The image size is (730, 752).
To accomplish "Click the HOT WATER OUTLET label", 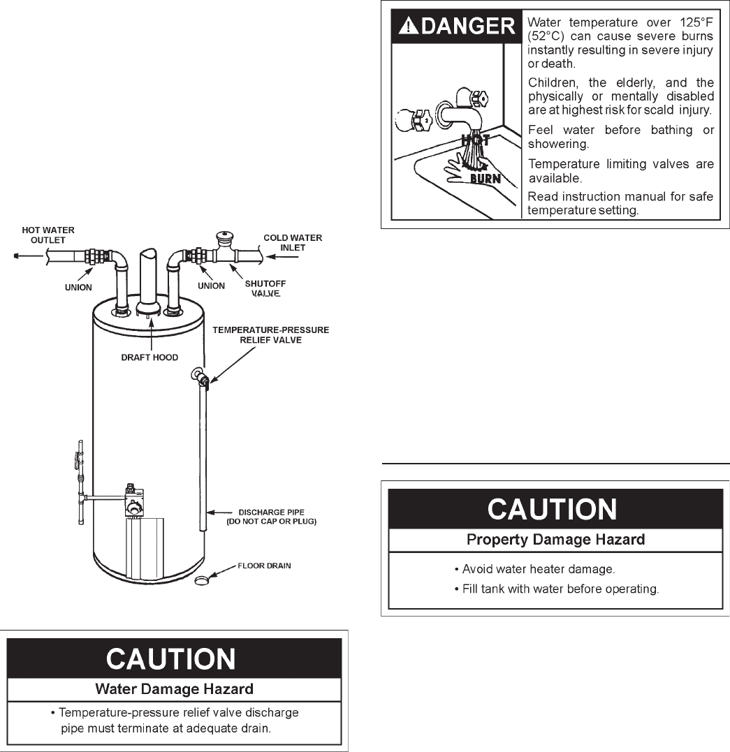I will (48, 235).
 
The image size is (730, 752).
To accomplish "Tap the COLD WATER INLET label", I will (293, 242).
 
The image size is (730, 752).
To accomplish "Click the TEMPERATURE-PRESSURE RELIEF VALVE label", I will (270, 334).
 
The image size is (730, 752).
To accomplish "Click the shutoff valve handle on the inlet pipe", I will (225, 239).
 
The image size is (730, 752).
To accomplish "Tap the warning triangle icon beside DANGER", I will (408, 27).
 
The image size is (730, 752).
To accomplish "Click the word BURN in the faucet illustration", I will (485, 178).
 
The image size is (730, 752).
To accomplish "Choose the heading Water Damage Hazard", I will (174, 689).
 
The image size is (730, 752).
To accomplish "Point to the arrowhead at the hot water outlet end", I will (16, 256).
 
